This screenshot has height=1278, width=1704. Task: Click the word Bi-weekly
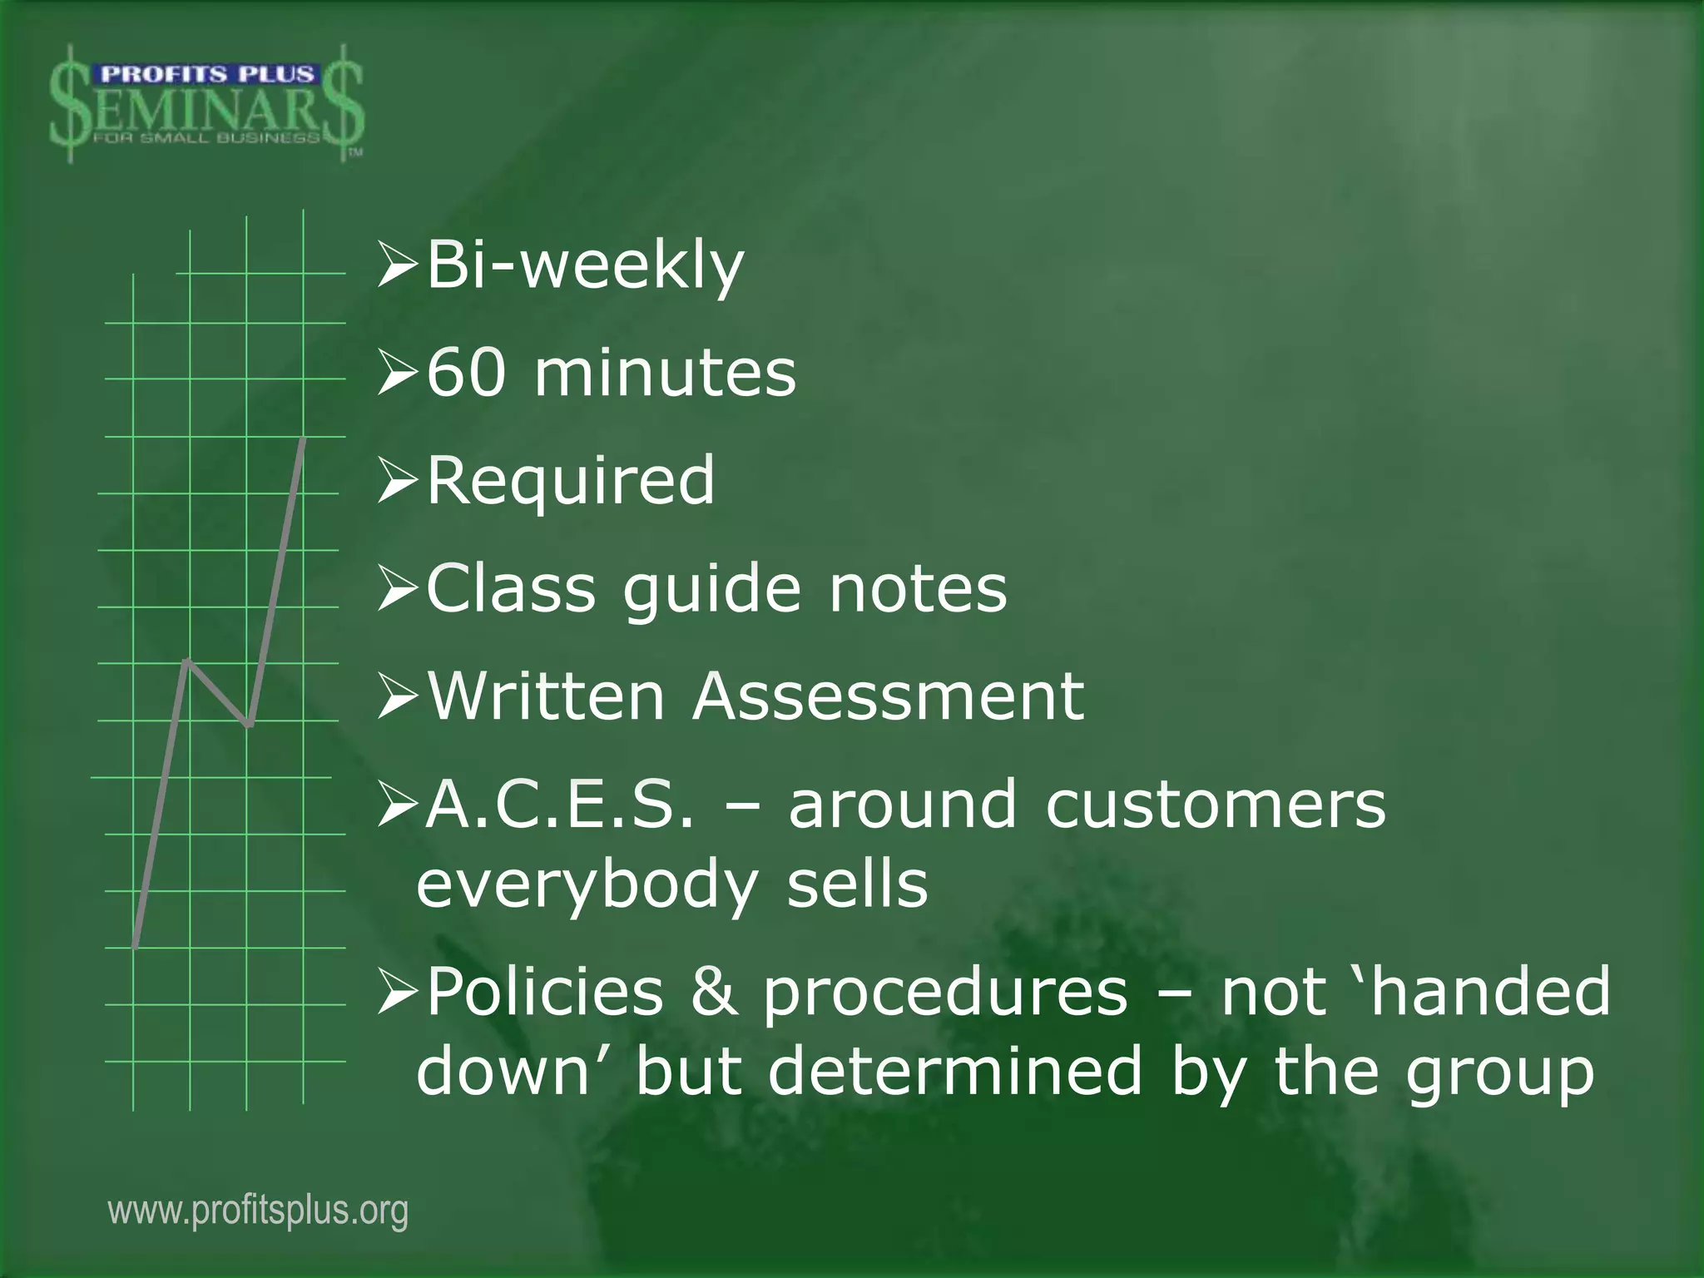tap(585, 266)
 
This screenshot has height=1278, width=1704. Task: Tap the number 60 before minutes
tap(466, 373)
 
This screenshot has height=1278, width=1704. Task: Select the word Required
tap(571, 480)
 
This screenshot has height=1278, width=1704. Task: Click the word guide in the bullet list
tap(712, 591)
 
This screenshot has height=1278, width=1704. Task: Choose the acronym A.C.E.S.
tap(559, 805)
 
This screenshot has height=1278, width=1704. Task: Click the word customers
tap(1216, 805)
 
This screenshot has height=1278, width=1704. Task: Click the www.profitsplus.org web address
tap(258, 1211)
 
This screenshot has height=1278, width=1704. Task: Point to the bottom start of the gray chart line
tap(135, 945)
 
